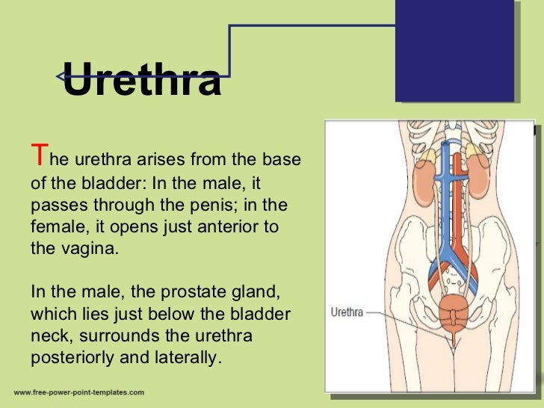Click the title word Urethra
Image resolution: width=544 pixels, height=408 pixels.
click(x=142, y=80)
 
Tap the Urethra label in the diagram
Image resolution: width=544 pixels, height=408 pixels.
click(x=347, y=312)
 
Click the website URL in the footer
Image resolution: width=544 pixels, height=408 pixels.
click(x=78, y=392)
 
